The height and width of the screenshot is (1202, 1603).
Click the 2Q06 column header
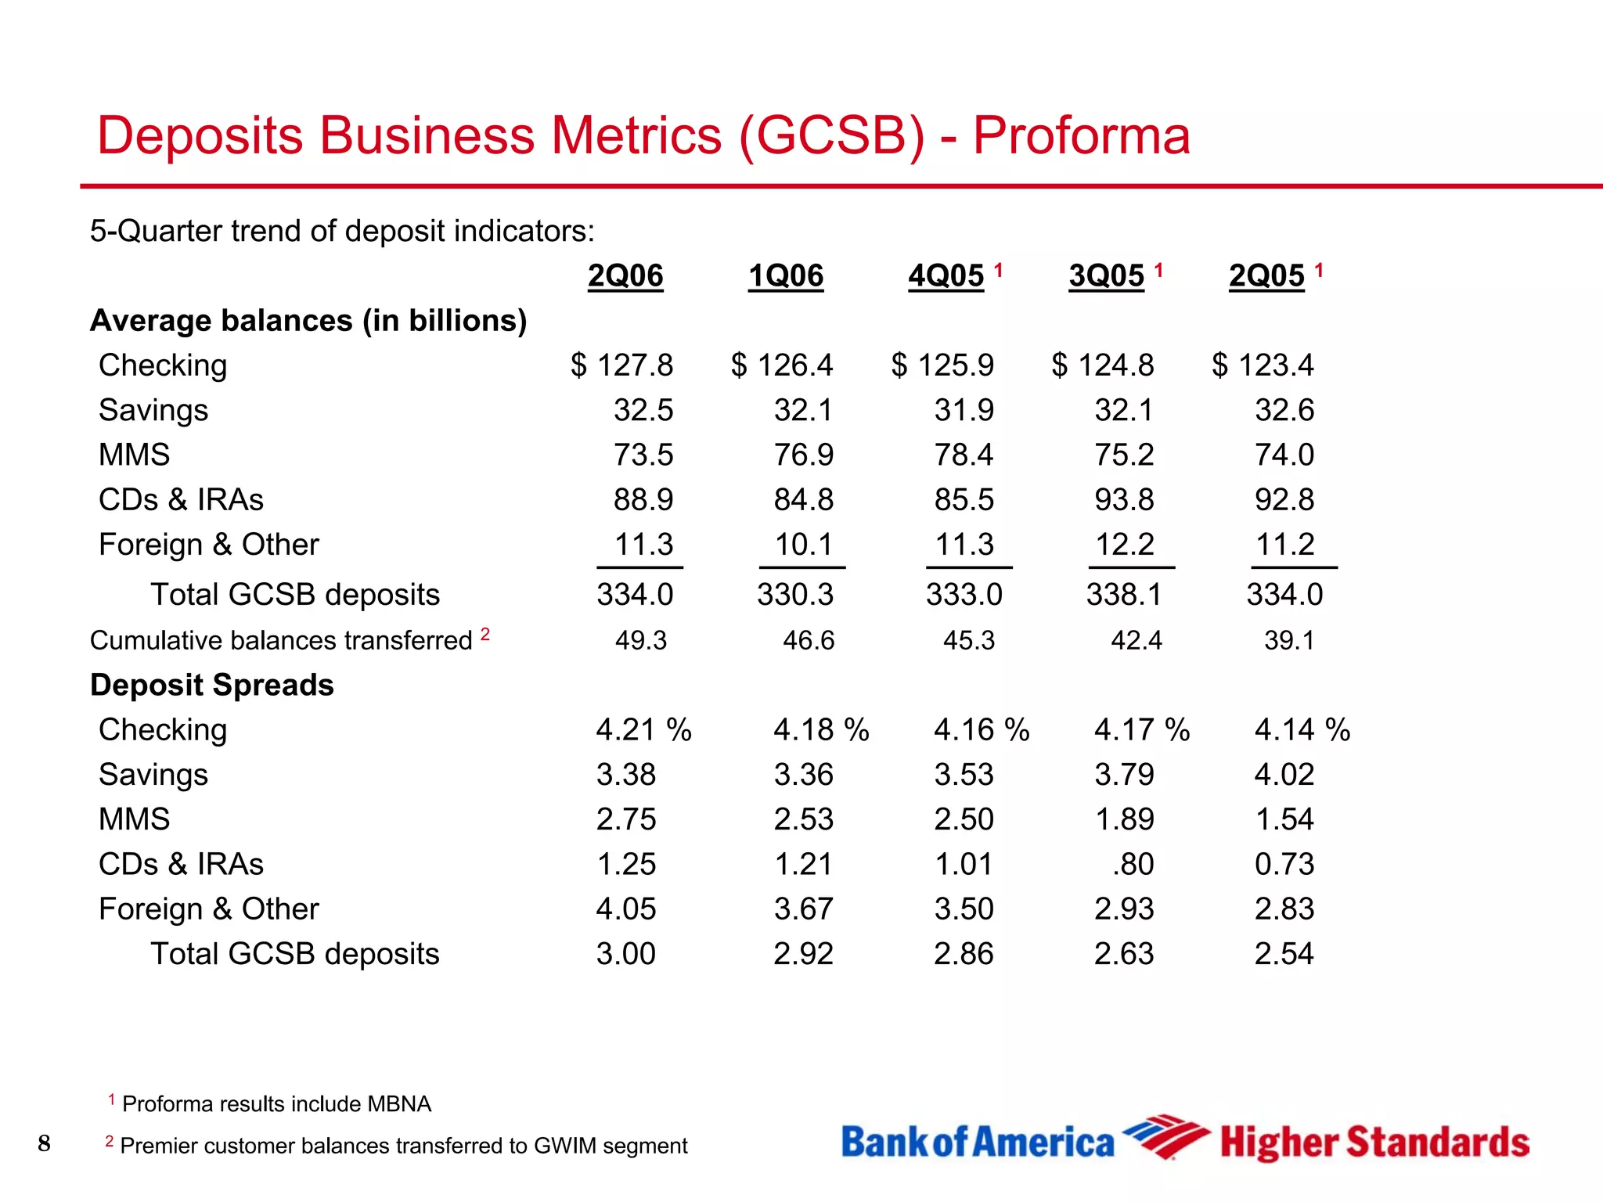coord(625,276)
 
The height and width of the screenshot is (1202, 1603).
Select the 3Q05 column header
coord(1106,276)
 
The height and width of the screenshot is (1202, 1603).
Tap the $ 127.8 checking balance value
coord(621,365)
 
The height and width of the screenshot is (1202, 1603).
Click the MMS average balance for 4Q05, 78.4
coord(964,455)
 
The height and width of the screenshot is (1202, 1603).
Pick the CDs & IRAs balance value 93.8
coord(1124,499)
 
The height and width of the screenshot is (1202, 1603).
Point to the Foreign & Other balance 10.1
coord(803,545)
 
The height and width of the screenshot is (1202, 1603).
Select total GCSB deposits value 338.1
coord(1124,595)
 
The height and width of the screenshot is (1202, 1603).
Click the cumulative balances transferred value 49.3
coord(640,641)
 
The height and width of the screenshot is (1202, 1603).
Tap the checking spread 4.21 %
coord(643,730)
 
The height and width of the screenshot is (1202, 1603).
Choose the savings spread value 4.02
coord(1284,775)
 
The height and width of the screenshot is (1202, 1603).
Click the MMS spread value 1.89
coord(1124,819)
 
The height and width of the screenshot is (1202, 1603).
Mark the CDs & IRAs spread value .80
coord(1133,865)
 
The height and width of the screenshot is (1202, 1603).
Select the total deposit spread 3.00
coord(625,954)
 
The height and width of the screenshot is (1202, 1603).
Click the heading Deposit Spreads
coord(212,686)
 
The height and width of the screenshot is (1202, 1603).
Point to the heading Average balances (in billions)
coord(308,321)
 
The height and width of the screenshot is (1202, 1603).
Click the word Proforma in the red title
coord(1081,136)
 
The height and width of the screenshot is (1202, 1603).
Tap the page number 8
coord(44,1143)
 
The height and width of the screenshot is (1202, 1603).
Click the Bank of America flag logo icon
coord(1165,1137)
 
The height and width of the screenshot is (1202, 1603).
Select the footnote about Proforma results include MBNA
coord(276,1104)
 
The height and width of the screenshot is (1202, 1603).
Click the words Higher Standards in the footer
coord(1374,1143)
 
